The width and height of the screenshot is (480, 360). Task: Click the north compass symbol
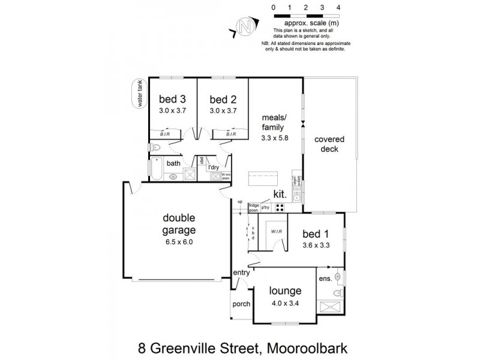pyautogui.click(x=244, y=26)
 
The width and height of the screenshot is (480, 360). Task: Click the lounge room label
pyautogui.click(x=285, y=291)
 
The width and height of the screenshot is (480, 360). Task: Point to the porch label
pyautogui.click(x=241, y=305)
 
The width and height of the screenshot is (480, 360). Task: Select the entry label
pyautogui.click(x=242, y=273)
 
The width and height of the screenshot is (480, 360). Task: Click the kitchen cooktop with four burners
pyautogui.click(x=280, y=208)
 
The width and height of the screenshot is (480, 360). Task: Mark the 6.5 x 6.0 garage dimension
pyautogui.click(x=179, y=242)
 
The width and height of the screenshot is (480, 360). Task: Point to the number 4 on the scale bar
pyautogui.click(x=339, y=7)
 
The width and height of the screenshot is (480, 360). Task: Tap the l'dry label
pyautogui.click(x=214, y=167)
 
